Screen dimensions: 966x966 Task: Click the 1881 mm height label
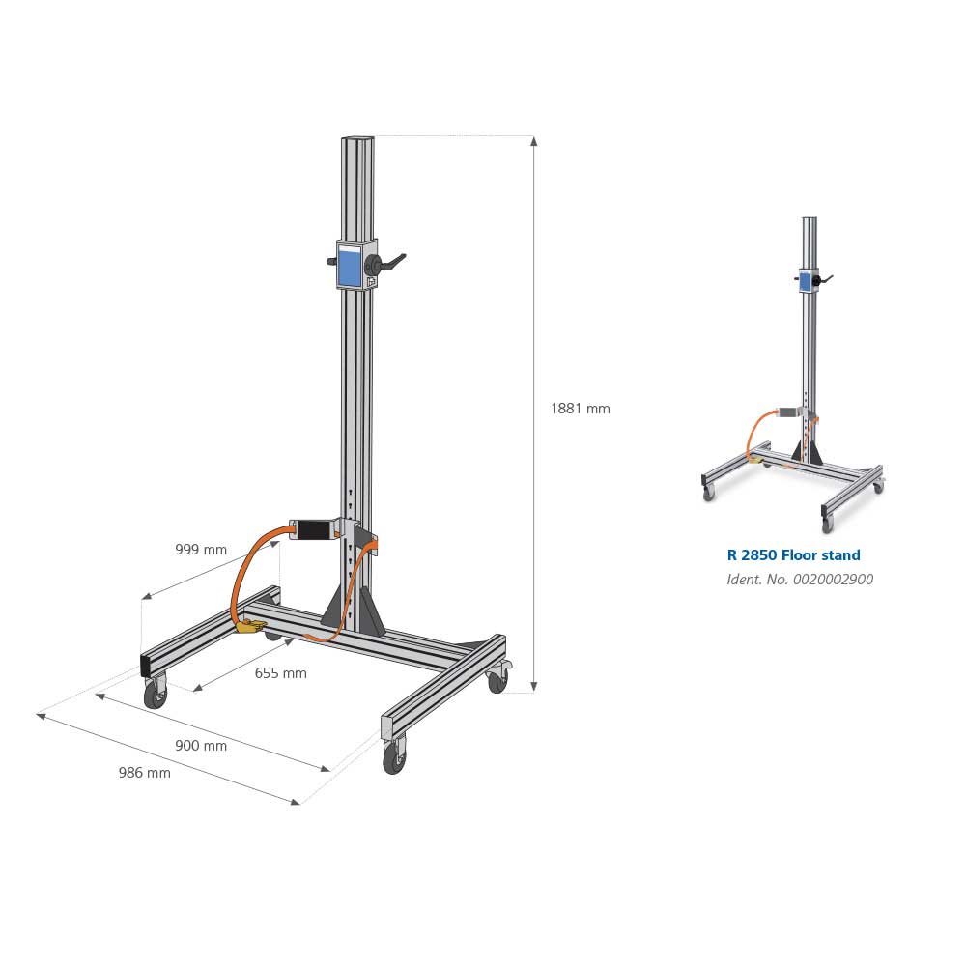(x=580, y=409)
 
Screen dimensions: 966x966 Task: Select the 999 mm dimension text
(x=201, y=550)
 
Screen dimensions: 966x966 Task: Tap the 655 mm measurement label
(x=280, y=672)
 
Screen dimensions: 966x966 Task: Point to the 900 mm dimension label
(x=201, y=745)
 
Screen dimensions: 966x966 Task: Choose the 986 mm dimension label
(x=144, y=772)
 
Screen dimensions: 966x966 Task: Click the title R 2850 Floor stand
(x=793, y=555)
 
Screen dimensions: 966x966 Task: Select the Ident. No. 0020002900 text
(x=800, y=580)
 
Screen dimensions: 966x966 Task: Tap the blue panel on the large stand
(x=348, y=265)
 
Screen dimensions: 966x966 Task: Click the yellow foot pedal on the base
(x=251, y=627)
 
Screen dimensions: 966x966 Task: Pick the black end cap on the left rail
(x=146, y=665)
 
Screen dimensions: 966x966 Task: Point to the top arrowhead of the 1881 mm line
(x=534, y=141)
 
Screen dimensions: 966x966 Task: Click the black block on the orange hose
(x=312, y=530)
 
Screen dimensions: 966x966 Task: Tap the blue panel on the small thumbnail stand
(x=804, y=281)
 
